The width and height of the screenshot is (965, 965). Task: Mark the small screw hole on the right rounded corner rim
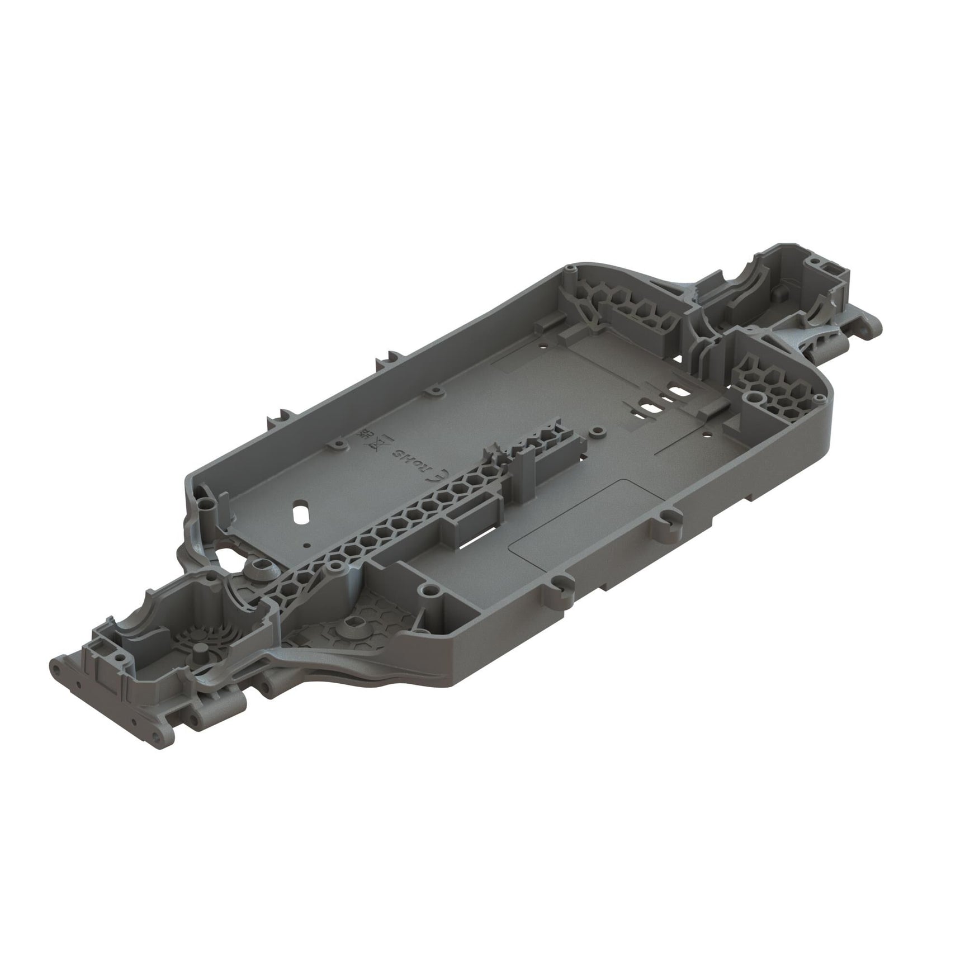tap(820, 398)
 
